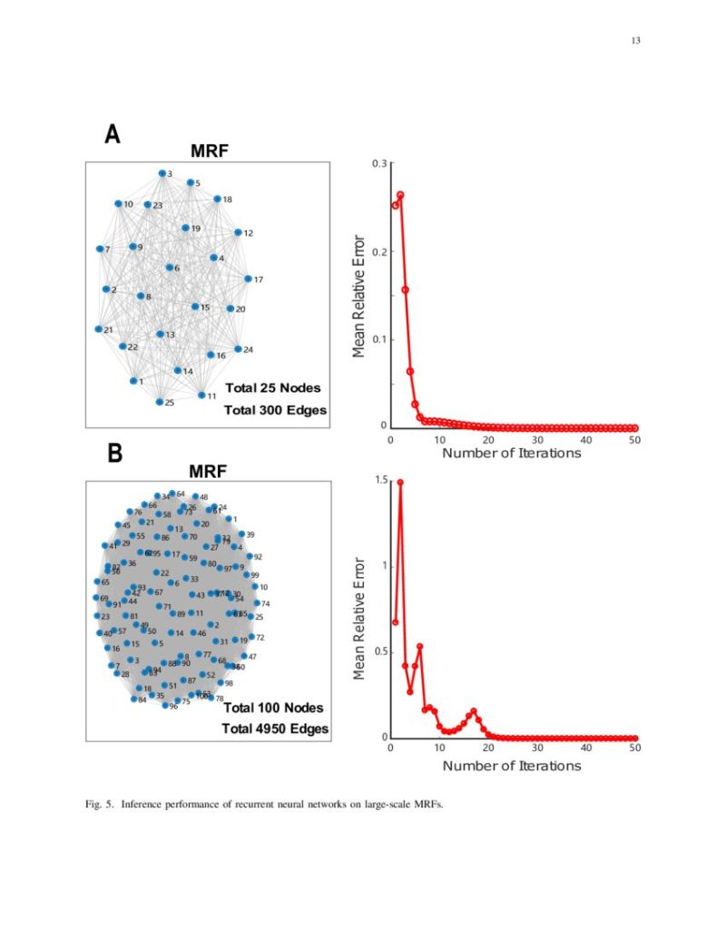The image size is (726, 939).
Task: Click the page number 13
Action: click(635, 40)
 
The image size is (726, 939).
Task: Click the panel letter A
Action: click(113, 134)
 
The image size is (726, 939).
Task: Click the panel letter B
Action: click(114, 454)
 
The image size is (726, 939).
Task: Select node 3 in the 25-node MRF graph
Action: click(162, 172)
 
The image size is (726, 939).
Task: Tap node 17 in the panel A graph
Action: click(248, 279)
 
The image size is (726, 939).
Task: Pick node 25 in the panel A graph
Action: click(159, 402)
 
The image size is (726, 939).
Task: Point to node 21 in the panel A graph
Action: click(99, 329)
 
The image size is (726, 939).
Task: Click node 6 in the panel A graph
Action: click(169, 268)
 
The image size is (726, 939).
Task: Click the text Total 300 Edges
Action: click(275, 410)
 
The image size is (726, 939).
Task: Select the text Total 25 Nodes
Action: click(272, 388)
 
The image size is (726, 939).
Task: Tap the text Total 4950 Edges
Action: click(276, 729)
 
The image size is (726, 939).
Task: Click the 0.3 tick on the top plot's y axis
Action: click(379, 163)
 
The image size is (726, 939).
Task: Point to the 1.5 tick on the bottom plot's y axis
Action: click(379, 480)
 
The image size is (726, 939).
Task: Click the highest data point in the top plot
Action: click(400, 195)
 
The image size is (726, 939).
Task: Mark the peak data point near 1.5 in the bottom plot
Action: click(400, 482)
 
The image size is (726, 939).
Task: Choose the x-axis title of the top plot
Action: click(512, 453)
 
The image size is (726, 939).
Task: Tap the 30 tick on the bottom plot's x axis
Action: click(537, 748)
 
